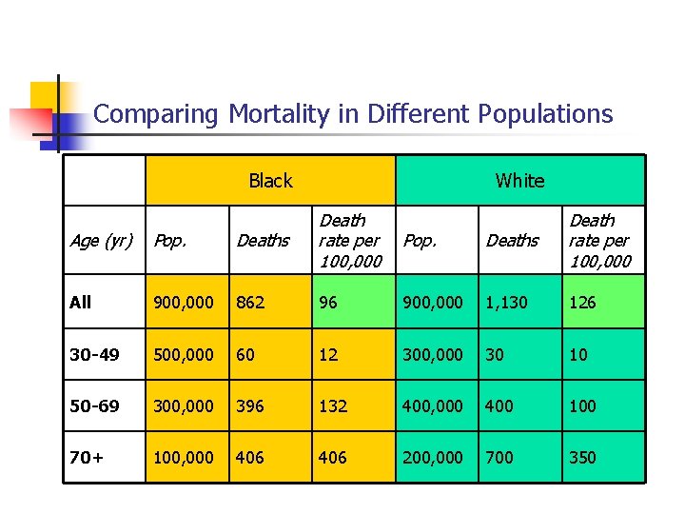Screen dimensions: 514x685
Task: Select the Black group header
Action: (270, 181)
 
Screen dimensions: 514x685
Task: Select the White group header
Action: (519, 181)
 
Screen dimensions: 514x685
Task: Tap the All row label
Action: (81, 303)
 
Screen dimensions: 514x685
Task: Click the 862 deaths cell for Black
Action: (251, 303)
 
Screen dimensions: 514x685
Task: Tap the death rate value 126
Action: (582, 303)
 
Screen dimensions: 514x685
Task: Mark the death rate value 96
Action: (328, 303)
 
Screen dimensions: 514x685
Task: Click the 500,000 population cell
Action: (184, 355)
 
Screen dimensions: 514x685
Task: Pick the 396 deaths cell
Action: (251, 406)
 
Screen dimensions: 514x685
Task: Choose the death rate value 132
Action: (333, 406)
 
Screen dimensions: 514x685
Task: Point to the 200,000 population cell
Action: (433, 458)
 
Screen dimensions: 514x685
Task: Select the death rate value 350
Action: (582, 458)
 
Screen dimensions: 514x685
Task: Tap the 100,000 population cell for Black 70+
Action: (184, 458)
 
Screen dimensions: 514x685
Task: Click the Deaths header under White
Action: (512, 241)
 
